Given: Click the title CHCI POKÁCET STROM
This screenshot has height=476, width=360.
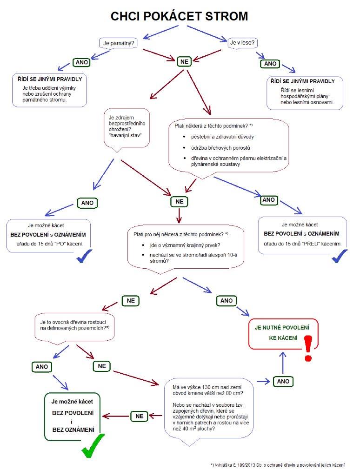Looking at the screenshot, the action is point(179,16).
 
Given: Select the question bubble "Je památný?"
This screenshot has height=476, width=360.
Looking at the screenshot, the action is point(119,43).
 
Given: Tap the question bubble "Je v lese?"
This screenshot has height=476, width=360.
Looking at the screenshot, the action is point(242,43).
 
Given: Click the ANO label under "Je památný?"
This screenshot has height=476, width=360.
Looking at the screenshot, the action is point(81,62).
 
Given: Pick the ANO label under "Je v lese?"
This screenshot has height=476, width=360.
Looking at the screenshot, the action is point(270,63).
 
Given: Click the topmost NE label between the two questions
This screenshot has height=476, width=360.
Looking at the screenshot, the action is point(184,62).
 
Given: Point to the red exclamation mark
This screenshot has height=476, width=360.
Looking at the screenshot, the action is point(308,348).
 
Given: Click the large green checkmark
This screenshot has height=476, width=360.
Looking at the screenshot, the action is point(93,446).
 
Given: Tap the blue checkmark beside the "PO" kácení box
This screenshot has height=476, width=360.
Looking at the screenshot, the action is point(84,256).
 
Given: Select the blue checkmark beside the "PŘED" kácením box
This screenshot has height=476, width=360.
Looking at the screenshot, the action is point(340,256).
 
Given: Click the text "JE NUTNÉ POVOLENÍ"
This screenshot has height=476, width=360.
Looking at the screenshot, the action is point(282,328).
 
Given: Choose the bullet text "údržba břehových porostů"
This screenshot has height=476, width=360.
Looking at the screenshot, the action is point(220,148).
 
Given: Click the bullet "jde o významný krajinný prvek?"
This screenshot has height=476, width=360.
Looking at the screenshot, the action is point(185,245).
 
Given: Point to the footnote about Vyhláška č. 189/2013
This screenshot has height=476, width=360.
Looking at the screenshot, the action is point(278,465).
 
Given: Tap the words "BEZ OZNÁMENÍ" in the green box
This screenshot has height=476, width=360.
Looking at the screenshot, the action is point(73,430).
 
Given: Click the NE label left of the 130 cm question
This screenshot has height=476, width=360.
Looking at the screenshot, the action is point(139,416).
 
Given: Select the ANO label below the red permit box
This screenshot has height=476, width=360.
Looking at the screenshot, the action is point(283,382).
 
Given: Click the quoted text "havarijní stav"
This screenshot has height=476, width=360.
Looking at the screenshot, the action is point(125,135).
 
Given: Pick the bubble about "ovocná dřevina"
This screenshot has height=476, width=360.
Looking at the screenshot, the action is point(74,329).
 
